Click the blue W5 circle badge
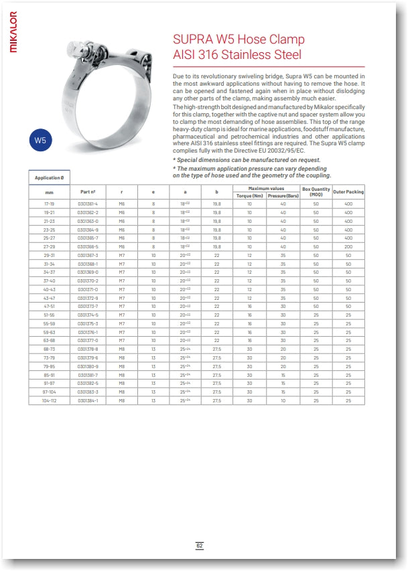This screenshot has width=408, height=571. pos(41,140)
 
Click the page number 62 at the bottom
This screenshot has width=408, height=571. pos(200,546)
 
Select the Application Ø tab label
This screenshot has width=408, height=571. pos(50,178)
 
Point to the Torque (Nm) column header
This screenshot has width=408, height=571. pos(249,195)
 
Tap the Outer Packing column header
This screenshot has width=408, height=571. pos(348,192)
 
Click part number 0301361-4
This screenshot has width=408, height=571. pos(87,203)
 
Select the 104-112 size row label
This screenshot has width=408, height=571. pos(50,400)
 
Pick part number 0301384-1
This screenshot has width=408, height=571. pos(87,400)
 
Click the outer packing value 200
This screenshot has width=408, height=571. pos(348,246)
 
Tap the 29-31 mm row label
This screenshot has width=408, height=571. pos(50,255)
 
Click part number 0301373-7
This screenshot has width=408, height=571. pos(87,306)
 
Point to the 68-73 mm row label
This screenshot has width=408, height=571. pos(50,349)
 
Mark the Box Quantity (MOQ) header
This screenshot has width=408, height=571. pos(316,192)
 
